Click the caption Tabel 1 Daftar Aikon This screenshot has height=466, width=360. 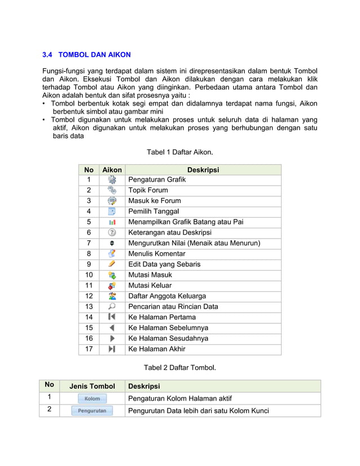coord(179,152)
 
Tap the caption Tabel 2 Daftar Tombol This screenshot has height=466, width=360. coord(179,368)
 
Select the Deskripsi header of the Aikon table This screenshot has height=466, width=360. coord(203,170)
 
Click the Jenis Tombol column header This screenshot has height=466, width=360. coord(92,386)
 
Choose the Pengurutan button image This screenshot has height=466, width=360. coord(92,411)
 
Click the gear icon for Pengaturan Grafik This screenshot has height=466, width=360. coord(112,180)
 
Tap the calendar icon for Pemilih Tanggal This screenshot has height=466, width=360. coord(112,212)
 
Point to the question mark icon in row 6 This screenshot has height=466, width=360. coord(112,232)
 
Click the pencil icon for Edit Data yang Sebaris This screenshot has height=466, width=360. coord(112,264)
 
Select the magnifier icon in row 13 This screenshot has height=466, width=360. coord(112,306)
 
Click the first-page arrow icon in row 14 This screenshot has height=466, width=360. coord(112,317)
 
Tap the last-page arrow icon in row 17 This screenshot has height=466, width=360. coord(112,349)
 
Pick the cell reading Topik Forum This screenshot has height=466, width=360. coord(148,190)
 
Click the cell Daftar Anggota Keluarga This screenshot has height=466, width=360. coord(167,296)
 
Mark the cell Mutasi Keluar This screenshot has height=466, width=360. coord(150,285)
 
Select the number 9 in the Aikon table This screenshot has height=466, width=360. coord(89,264)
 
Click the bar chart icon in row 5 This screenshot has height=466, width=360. coord(112,222)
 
